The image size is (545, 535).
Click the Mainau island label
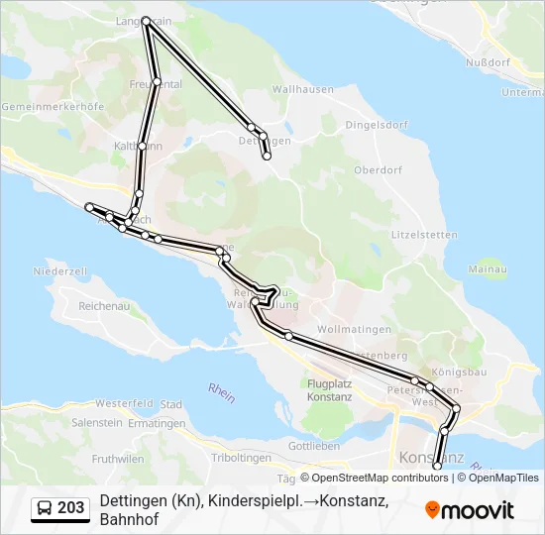[x=488, y=269]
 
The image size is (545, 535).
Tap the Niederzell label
[x=61, y=270]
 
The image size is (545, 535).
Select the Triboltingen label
[x=242, y=457]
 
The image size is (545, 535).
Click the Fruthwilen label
[x=118, y=459]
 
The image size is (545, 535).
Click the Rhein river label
[x=222, y=392]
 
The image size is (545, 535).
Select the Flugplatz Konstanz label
[x=330, y=389]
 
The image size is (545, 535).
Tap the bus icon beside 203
[x=45, y=508]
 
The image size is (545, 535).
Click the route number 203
[x=71, y=508]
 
